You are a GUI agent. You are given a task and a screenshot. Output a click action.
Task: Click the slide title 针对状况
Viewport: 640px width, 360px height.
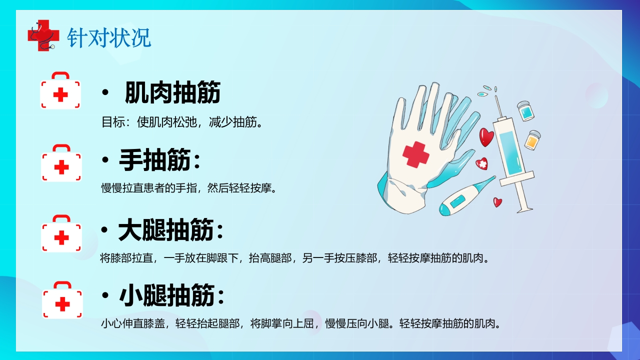tap(109, 38)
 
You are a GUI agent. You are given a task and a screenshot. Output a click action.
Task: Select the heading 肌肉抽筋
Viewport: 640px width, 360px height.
tap(172, 93)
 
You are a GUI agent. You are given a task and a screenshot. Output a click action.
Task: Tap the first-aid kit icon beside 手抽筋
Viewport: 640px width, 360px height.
tap(61, 163)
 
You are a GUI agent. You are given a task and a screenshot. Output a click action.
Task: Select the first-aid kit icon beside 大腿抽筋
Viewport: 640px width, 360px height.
tap(61, 234)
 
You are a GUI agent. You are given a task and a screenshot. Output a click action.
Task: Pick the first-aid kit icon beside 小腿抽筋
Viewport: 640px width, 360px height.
tap(62, 300)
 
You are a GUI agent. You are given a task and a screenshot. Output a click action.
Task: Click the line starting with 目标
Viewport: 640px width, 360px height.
tap(182, 122)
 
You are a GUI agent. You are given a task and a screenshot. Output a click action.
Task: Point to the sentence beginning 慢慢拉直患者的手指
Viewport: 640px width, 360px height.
tap(188, 188)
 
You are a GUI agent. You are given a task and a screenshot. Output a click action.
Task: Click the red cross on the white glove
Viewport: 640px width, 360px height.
tap(415, 153)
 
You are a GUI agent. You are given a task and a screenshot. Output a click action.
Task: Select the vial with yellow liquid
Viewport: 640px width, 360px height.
tap(532, 140)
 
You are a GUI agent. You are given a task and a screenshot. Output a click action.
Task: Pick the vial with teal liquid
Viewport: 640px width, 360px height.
tap(525, 111)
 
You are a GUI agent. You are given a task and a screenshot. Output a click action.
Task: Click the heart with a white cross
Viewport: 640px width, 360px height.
tap(481, 163)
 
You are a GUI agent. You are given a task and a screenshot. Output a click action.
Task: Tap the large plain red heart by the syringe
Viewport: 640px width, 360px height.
tap(486, 137)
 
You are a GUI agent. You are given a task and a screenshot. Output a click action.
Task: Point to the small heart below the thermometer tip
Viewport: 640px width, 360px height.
tap(497, 202)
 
